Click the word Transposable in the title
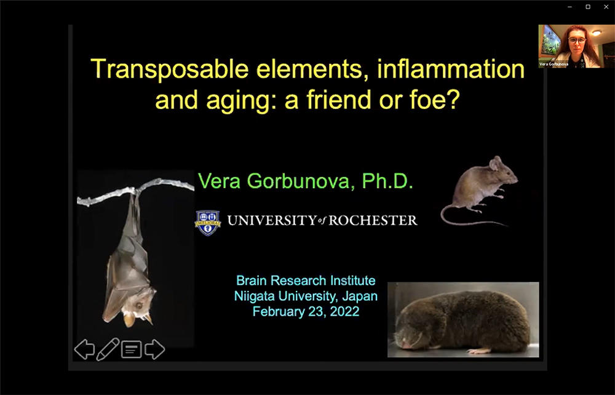tap(170, 70)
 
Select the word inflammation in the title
tap(451, 68)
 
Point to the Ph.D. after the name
tap(387, 182)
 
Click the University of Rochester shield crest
tap(208, 223)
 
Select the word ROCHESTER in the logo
tap(373, 220)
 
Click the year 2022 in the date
tap(344, 311)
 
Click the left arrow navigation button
tap(84, 349)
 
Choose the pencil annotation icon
tap(108, 349)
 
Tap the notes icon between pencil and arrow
tap(132, 349)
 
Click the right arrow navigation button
tap(154, 349)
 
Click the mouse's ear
tap(495, 162)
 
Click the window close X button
tap(606, 7)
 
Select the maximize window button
tap(588, 7)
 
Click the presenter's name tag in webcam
tap(553, 64)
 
